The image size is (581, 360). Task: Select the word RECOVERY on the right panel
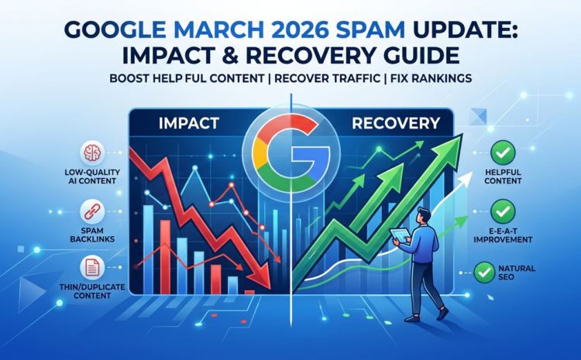tap(397, 124)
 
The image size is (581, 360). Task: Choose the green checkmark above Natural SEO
tap(485, 271)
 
